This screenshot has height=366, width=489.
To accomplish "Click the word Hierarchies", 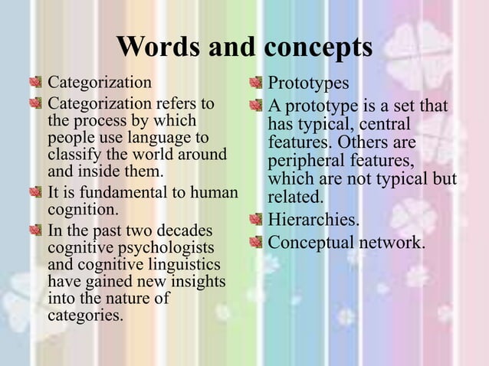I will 312,221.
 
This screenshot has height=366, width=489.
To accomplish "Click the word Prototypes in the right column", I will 308,83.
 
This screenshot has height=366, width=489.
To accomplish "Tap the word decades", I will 185,231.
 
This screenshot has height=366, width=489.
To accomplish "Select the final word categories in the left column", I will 85,315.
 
